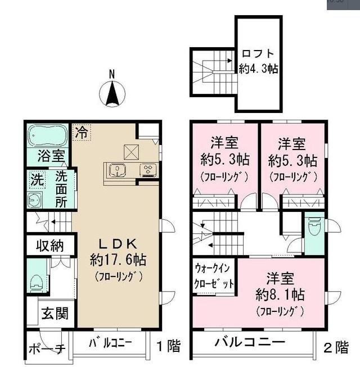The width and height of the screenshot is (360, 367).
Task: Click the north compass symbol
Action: click(112, 90)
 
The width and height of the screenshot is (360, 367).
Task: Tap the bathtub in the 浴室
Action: click(48, 135)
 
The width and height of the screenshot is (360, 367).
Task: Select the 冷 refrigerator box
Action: click(82, 133)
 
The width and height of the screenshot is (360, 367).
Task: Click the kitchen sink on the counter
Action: click(118, 170)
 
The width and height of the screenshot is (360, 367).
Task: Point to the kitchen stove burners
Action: click(148, 170)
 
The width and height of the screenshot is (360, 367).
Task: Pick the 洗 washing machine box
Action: click(37, 180)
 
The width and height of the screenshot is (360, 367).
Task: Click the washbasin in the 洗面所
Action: click(35, 200)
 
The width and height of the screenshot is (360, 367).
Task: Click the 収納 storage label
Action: click(49, 246)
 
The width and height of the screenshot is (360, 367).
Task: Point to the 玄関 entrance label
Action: click(55, 313)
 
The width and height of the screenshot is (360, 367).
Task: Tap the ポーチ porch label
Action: click(47, 349)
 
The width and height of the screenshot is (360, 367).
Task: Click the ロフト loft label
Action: click(258, 53)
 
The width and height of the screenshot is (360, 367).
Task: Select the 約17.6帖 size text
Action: click(118, 260)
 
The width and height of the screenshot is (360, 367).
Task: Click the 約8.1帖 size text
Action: click(280, 294)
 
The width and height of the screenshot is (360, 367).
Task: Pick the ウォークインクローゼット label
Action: click(214, 275)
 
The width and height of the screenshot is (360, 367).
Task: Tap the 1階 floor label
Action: click(168, 346)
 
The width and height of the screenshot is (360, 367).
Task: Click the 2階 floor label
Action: click(336, 347)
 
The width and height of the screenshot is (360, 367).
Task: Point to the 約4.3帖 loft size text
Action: click(258, 69)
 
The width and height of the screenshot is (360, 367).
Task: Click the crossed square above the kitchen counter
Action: click(131, 152)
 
